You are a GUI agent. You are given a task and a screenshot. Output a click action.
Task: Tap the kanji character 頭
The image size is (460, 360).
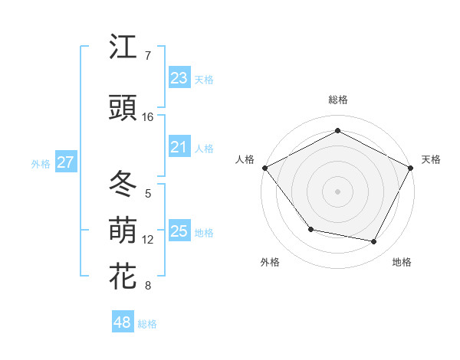123,108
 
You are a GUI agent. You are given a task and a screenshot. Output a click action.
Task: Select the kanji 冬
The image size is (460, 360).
123,185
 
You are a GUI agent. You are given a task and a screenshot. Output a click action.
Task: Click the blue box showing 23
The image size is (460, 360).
179,77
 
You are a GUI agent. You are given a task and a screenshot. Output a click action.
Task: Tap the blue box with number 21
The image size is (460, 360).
179,147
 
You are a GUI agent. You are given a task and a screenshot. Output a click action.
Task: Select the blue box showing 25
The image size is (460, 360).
179,231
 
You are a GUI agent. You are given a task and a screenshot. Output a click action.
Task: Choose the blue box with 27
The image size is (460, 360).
65,162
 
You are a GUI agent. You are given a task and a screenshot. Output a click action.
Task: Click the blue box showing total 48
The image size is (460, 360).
123,322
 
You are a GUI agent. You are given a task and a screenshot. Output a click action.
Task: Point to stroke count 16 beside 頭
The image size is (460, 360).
148,117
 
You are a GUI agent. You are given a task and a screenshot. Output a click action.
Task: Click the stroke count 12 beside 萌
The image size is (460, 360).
148,240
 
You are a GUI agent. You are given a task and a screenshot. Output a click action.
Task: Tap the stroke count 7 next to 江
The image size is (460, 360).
148,56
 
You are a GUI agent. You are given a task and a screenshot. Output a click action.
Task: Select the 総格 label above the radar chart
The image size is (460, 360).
337,100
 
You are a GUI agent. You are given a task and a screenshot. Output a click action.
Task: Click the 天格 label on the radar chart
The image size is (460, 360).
431,159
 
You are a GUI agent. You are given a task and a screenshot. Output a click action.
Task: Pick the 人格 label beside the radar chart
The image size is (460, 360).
245,159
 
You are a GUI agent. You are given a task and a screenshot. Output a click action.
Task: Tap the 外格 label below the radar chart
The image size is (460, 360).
270,262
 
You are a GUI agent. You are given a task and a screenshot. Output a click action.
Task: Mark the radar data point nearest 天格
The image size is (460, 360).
411,167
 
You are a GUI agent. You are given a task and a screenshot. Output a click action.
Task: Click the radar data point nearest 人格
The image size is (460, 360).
264,167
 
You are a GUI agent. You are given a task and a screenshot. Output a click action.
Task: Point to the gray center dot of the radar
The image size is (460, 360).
337,191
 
